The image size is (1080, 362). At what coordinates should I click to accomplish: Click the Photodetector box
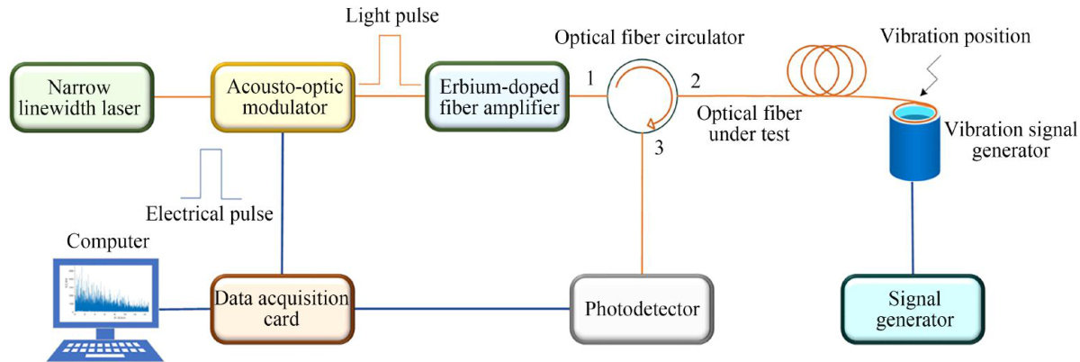(x=641, y=310)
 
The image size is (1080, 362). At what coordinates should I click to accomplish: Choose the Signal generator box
(x=913, y=310)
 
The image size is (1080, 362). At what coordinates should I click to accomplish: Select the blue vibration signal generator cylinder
(x=913, y=145)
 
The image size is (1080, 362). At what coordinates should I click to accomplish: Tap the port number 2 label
(x=695, y=80)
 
